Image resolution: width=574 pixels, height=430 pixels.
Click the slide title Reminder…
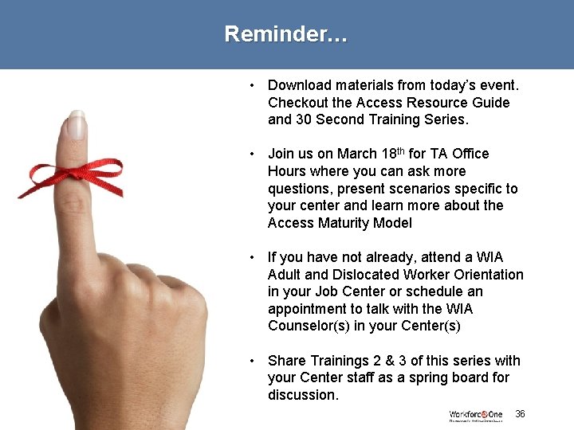[285, 34]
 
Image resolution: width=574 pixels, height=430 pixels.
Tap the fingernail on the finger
[77, 127]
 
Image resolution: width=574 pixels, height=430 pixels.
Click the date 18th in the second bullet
[391, 153]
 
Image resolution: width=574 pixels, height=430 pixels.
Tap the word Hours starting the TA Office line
[288, 171]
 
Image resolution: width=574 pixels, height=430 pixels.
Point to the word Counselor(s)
[307, 326]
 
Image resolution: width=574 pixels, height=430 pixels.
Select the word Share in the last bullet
[285, 361]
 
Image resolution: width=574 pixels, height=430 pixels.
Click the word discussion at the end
[303, 395]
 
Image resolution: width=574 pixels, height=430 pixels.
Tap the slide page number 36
[520, 413]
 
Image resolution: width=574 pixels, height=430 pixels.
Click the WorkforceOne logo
[475, 415]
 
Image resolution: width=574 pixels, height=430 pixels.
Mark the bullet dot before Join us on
[251, 154]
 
